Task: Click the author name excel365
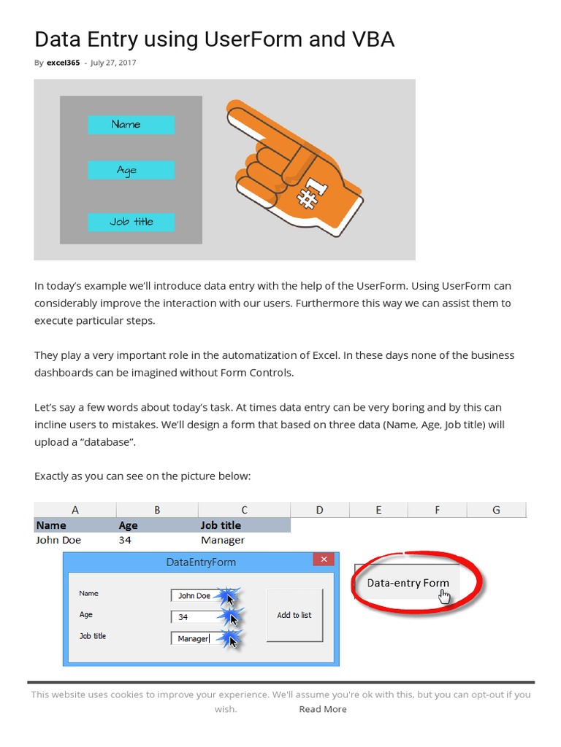[x=63, y=63]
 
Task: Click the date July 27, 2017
[x=113, y=63]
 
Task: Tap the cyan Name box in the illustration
[x=131, y=125]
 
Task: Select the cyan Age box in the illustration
[x=131, y=170]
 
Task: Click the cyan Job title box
[x=131, y=222]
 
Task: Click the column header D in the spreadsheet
[x=319, y=510]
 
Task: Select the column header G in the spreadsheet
[x=496, y=510]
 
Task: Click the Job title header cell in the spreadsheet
[x=244, y=525]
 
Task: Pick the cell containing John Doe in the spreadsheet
[x=75, y=541]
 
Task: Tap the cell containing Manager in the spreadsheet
[x=244, y=541]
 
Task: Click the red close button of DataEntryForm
[x=323, y=560]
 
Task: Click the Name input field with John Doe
[x=197, y=596]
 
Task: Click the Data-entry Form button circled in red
[x=408, y=583]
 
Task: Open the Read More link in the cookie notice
[x=322, y=709]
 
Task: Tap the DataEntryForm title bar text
[x=201, y=562]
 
